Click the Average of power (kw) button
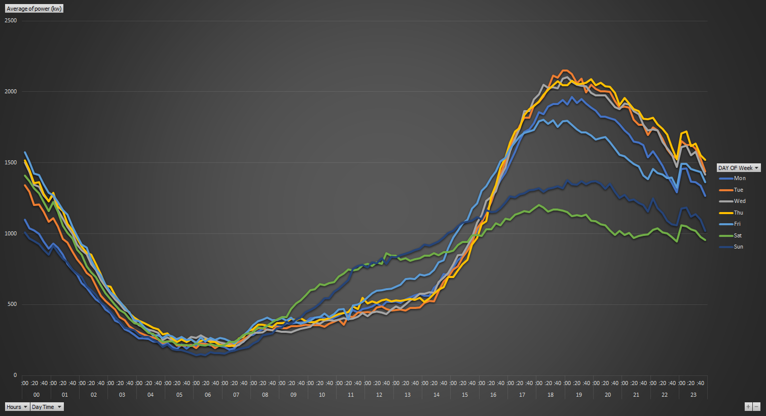coord(34,9)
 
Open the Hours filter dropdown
coord(17,407)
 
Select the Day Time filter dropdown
coord(47,407)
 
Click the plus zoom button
coord(748,406)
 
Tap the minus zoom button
coord(756,406)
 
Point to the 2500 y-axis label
coord(11,21)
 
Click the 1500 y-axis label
coord(11,163)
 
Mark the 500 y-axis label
coord(12,304)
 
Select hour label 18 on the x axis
coord(551,395)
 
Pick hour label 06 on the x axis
coord(208,395)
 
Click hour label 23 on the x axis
coord(694,395)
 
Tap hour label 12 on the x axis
coord(379,395)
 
